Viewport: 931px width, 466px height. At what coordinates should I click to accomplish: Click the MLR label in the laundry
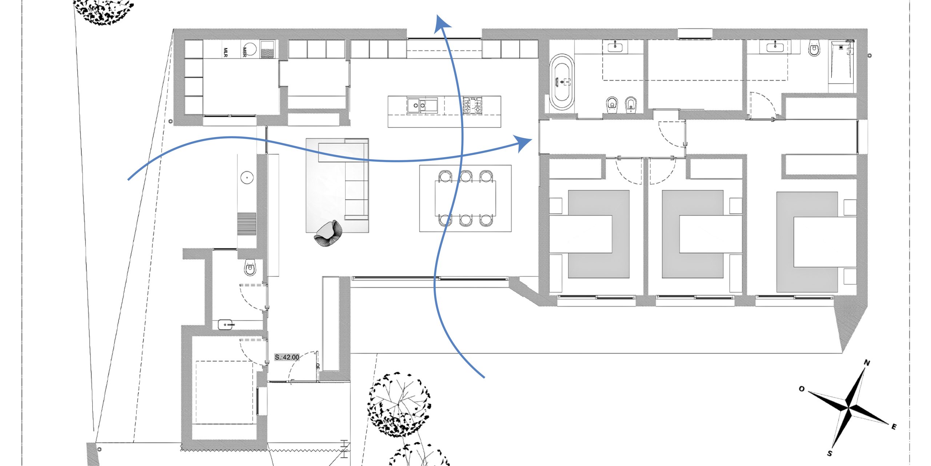point(225,52)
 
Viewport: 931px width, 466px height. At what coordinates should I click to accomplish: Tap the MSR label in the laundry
point(244,52)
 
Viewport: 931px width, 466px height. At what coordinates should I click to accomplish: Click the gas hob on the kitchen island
point(472,105)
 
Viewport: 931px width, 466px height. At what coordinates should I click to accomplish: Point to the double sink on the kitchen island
point(422,106)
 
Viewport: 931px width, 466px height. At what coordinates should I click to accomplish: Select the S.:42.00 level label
point(287,357)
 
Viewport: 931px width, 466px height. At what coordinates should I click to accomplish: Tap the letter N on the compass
point(867,363)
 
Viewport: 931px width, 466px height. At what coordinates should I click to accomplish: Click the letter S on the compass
point(830,453)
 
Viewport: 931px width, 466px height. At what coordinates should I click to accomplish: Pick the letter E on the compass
point(894,427)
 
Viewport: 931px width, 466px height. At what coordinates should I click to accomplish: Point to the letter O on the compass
point(802,389)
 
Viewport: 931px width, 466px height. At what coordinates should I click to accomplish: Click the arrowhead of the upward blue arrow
point(441,23)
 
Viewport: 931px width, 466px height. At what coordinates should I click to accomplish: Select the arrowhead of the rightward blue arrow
point(524,142)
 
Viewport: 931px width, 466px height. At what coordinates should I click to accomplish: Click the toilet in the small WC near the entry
point(250,268)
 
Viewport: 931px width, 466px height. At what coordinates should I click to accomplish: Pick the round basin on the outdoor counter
point(247,178)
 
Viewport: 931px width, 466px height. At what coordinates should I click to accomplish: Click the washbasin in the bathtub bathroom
point(615,47)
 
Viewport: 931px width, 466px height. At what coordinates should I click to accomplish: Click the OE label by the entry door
point(317,366)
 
